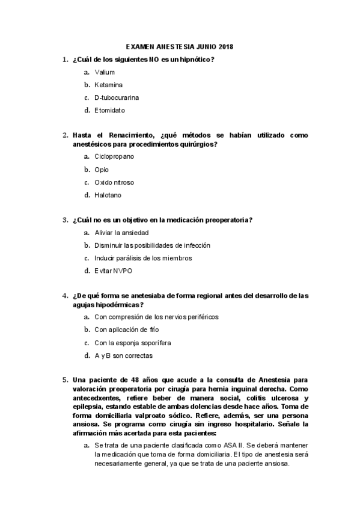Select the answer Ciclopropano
tap(114, 156)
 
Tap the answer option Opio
tap(102, 170)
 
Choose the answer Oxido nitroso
tap(114, 182)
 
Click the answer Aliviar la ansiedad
tap(121, 232)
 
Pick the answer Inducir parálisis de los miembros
tap(143, 258)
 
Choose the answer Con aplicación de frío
tap(126, 330)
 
